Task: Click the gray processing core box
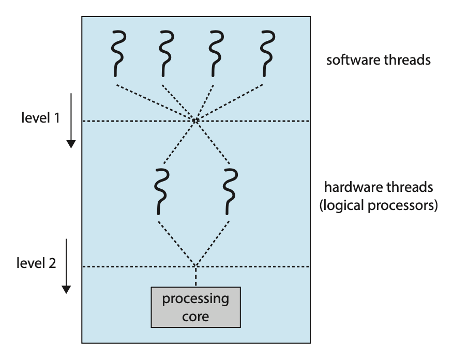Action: click(x=195, y=307)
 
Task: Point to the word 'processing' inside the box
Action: click(x=195, y=299)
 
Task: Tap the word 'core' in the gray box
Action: click(x=195, y=316)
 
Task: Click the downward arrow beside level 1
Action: click(x=71, y=121)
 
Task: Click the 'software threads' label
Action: click(x=379, y=60)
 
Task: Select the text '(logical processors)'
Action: click(x=379, y=205)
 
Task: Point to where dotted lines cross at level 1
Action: click(x=195, y=121)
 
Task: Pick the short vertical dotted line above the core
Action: click(x=195, y=277)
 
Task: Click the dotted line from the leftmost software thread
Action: click(x=155, y=102)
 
